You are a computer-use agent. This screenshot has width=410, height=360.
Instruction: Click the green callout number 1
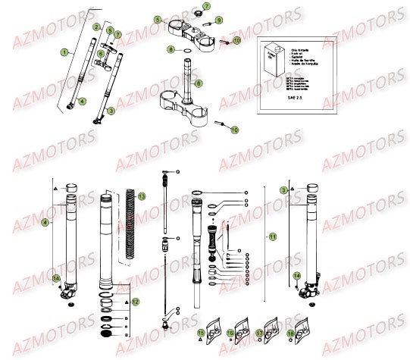(x=64, y=52)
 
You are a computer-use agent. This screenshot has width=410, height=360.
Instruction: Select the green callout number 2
(x=96, y=27)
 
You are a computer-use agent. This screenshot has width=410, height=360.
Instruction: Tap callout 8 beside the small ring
(x=198, y=81)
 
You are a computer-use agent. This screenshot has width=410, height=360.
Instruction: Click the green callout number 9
(x=219, y=19)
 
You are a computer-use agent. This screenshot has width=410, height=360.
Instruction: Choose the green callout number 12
(x=136, y=302)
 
